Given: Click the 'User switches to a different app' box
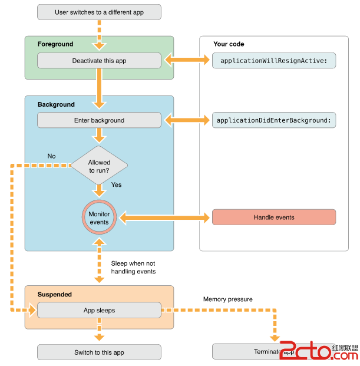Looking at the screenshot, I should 99,11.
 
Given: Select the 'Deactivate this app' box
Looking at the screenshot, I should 99,60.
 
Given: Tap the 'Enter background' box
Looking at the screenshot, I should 99,120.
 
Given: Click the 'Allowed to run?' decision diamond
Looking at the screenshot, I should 99,166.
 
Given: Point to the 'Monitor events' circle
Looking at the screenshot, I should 99,218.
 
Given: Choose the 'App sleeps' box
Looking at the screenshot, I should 99,310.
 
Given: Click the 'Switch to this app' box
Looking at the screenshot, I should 99,352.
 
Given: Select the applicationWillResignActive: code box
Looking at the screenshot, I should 274,60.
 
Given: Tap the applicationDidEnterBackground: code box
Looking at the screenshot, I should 274,120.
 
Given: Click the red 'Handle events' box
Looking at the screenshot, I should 274,217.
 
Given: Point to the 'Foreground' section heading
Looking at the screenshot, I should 55,44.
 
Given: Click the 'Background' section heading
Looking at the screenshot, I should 56,104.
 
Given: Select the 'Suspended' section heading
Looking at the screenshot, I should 55,294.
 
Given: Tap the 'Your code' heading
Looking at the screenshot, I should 229,44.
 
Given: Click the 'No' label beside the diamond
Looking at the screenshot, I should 52,156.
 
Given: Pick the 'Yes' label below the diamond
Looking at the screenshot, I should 116,184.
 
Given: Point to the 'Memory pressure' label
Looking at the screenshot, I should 228,299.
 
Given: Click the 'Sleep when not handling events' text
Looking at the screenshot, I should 133,267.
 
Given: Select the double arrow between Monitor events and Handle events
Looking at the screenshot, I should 163,218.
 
